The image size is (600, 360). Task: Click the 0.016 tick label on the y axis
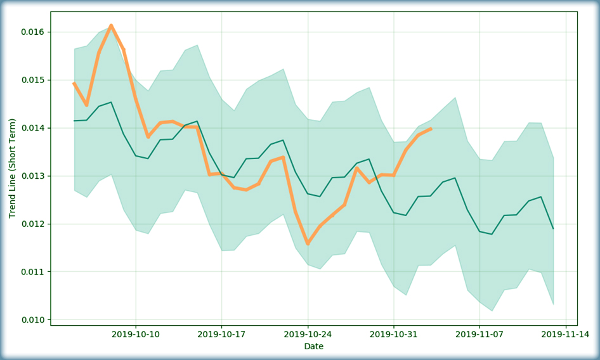tap(32, 32)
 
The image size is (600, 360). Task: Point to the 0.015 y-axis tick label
tap(32, 80)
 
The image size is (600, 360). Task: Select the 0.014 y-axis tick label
tap(32, 128)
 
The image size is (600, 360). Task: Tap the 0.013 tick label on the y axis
tap(32, 176)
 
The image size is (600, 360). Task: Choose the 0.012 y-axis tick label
tap(32, 224)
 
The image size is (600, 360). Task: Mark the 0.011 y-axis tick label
tap(32, 272)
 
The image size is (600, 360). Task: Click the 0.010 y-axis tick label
tap(32, 320)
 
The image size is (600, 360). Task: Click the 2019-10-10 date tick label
tap(136, 335)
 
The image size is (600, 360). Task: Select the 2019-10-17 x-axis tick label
tap(221, 335)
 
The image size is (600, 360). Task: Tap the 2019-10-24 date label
tap(308, 335)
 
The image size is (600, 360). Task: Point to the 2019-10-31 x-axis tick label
tap(394, 335)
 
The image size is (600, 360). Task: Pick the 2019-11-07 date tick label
tap(479, 335)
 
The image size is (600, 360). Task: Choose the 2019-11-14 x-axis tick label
tap(566, 335)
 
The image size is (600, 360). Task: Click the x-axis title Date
tap(314, 347)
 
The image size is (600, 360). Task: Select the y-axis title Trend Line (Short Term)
tap(12, 169)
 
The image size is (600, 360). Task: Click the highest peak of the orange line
tap(111, 26)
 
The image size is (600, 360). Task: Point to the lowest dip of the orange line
tap(308, 243)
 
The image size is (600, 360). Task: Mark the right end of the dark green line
tap(553, 228)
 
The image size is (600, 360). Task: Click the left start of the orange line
tap(74, 83)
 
